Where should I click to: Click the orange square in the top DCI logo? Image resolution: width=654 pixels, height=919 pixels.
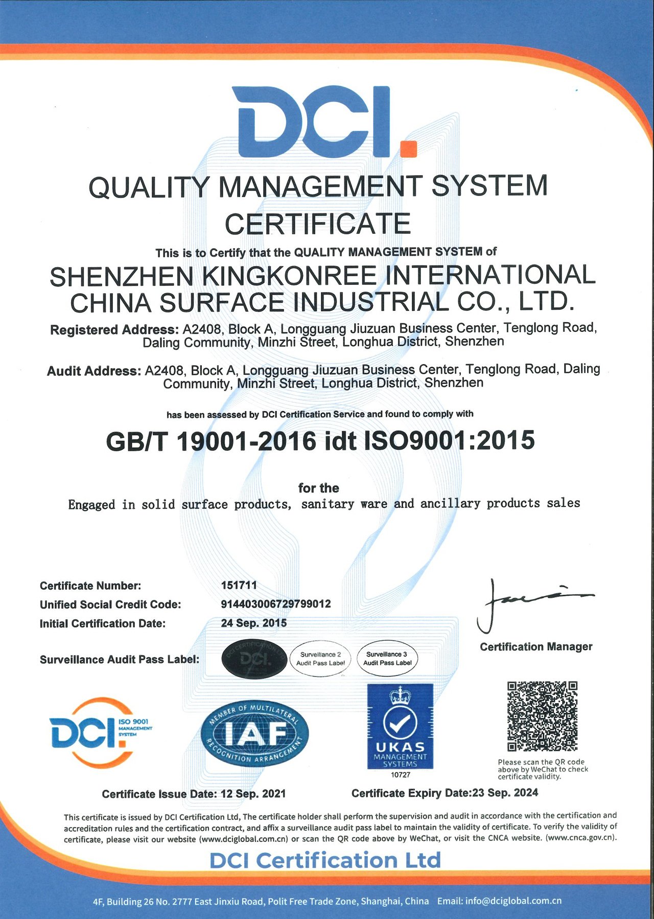408,148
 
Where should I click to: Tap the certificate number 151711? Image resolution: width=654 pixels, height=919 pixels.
239,585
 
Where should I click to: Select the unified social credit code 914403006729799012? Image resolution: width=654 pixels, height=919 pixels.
276,604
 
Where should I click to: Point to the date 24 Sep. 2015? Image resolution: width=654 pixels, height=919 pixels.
254,623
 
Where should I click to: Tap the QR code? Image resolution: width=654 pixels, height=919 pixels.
542,716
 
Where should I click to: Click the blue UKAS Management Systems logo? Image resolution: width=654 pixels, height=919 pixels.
400,726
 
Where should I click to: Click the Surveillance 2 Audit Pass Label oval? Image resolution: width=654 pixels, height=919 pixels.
320,659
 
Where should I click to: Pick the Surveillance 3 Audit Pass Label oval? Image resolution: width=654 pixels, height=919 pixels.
387,659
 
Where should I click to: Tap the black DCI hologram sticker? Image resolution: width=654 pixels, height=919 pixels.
254,659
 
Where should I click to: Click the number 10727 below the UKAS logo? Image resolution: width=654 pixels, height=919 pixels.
401,775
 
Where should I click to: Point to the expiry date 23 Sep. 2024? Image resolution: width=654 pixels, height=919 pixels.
505,792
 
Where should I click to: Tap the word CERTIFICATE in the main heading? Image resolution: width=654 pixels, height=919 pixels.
318,224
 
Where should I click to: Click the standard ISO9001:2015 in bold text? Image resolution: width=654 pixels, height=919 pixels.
449,441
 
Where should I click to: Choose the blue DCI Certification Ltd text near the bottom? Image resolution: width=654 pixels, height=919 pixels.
325,860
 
